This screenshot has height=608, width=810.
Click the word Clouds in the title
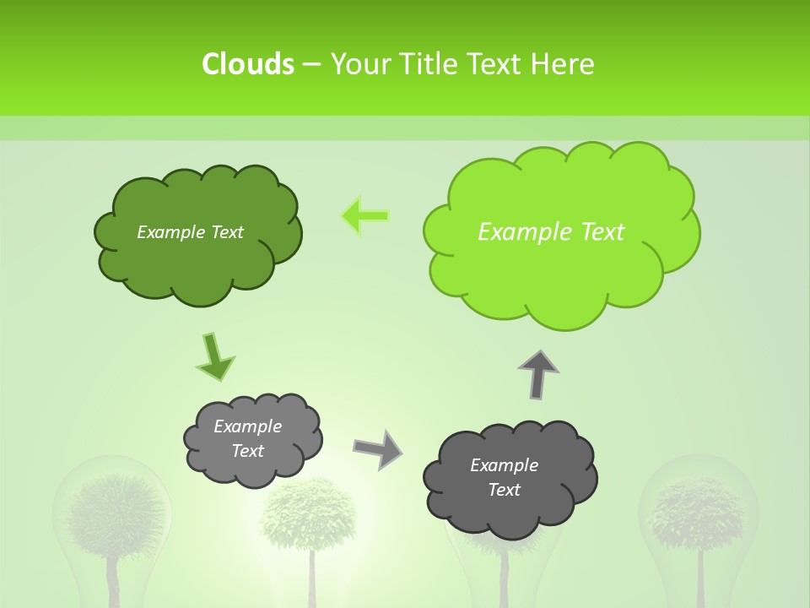click(248, 64)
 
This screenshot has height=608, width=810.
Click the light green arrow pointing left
click(364, 216)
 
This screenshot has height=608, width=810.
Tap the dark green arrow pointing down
click(214, 357)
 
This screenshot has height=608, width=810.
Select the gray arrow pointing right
click(378, 449)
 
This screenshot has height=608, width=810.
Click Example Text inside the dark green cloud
click(190, 232)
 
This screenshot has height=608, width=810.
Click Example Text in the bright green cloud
click(551, 232)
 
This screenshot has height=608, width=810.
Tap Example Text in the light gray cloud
click(247, 438)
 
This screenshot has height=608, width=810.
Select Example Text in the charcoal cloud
click(504, 477)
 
